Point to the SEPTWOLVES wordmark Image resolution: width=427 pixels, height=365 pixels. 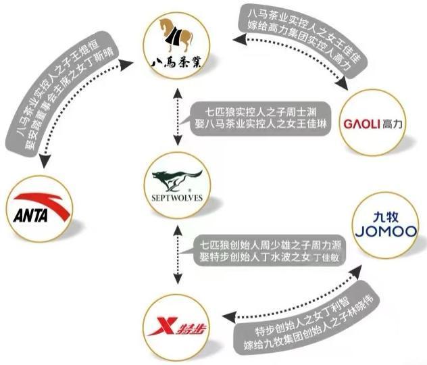[x=178, y=200]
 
